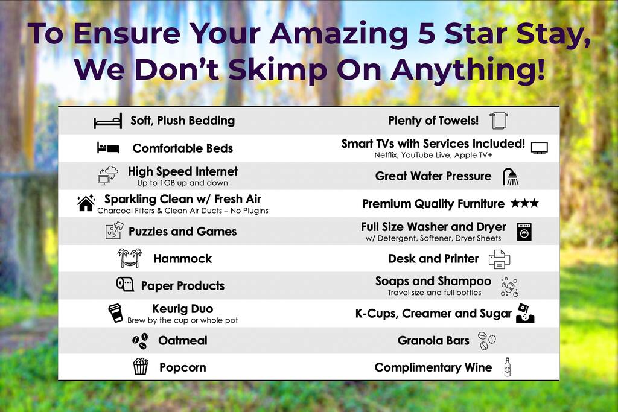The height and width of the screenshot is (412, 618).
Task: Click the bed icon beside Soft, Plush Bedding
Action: click(x=107, y=121)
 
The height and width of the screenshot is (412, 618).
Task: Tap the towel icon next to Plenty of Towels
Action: click(x=499, y=121)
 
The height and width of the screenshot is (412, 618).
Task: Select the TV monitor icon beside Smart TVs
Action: click(x=539, y=148)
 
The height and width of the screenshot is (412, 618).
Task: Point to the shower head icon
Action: click(x=511, y=177)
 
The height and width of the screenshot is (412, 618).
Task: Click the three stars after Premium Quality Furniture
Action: click(x=524, y=203)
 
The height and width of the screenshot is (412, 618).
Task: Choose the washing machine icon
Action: click(x=524, y=232)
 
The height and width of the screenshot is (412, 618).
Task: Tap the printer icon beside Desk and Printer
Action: click(x=499, y=259)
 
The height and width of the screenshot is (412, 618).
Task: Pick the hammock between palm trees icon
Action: click(x=130, y=258)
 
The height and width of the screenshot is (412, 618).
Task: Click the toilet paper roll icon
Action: click(x=125, y=284)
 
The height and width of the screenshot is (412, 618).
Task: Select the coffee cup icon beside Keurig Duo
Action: click(x=115, y=313)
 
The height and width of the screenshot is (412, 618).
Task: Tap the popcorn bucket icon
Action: click(x=141, y=366)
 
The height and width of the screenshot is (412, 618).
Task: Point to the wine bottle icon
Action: click(x=508, y=367)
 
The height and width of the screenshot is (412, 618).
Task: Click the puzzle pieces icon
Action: click(x=114, y=231)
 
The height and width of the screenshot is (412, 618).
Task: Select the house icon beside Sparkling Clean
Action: click(x=86, y=203)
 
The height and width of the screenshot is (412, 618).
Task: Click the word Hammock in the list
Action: click(x=183, y=259)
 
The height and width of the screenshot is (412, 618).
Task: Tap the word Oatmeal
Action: click(x=182, y=340)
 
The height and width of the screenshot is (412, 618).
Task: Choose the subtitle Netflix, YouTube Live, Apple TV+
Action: click(x=433, y=155)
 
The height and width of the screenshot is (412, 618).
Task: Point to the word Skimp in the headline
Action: click(x=278, y=69)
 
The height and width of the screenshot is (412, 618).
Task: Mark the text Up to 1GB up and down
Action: click(x=182, y=183)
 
